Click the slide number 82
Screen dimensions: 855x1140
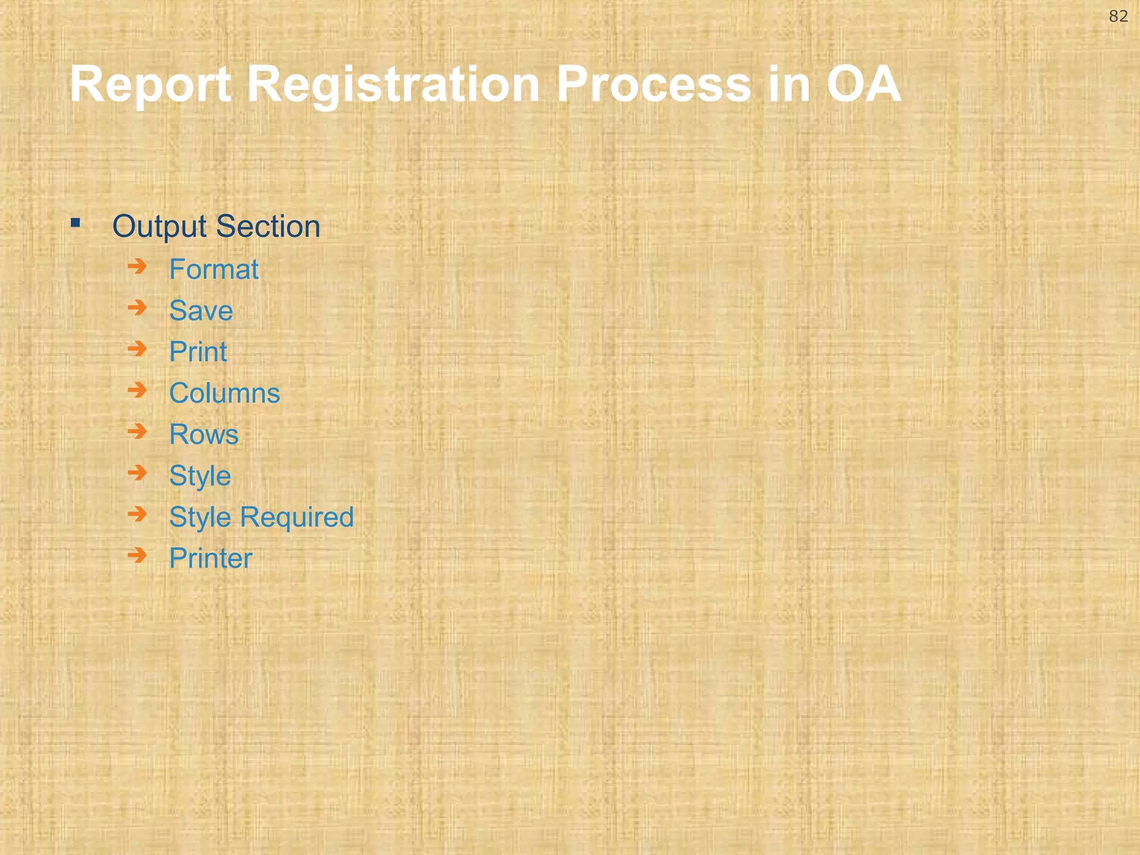click(1118, 17)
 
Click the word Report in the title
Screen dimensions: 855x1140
click(150, 84)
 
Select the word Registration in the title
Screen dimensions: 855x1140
click(393, 84)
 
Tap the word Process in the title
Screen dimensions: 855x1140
click(653, 84)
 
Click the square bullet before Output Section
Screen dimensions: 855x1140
click(76, 224)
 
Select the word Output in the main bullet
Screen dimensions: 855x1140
click(160, 227)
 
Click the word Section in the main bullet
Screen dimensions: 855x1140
click(268, 227)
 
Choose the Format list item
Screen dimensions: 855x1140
click(214, 269)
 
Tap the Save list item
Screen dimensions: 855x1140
click(201, 311)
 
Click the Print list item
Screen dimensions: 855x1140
click(198, 352)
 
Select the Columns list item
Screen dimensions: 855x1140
click(224, 393)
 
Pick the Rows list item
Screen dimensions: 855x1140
click(204, 434)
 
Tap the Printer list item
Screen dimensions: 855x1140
click(210, 558)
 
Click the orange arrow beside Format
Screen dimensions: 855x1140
click(137, 267)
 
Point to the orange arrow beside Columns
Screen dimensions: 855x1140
click(137, 390)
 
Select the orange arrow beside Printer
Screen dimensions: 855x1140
click(137, 555)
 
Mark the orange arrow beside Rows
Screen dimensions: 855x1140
click(137, 431)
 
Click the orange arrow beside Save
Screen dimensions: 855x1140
click(137, 308)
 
